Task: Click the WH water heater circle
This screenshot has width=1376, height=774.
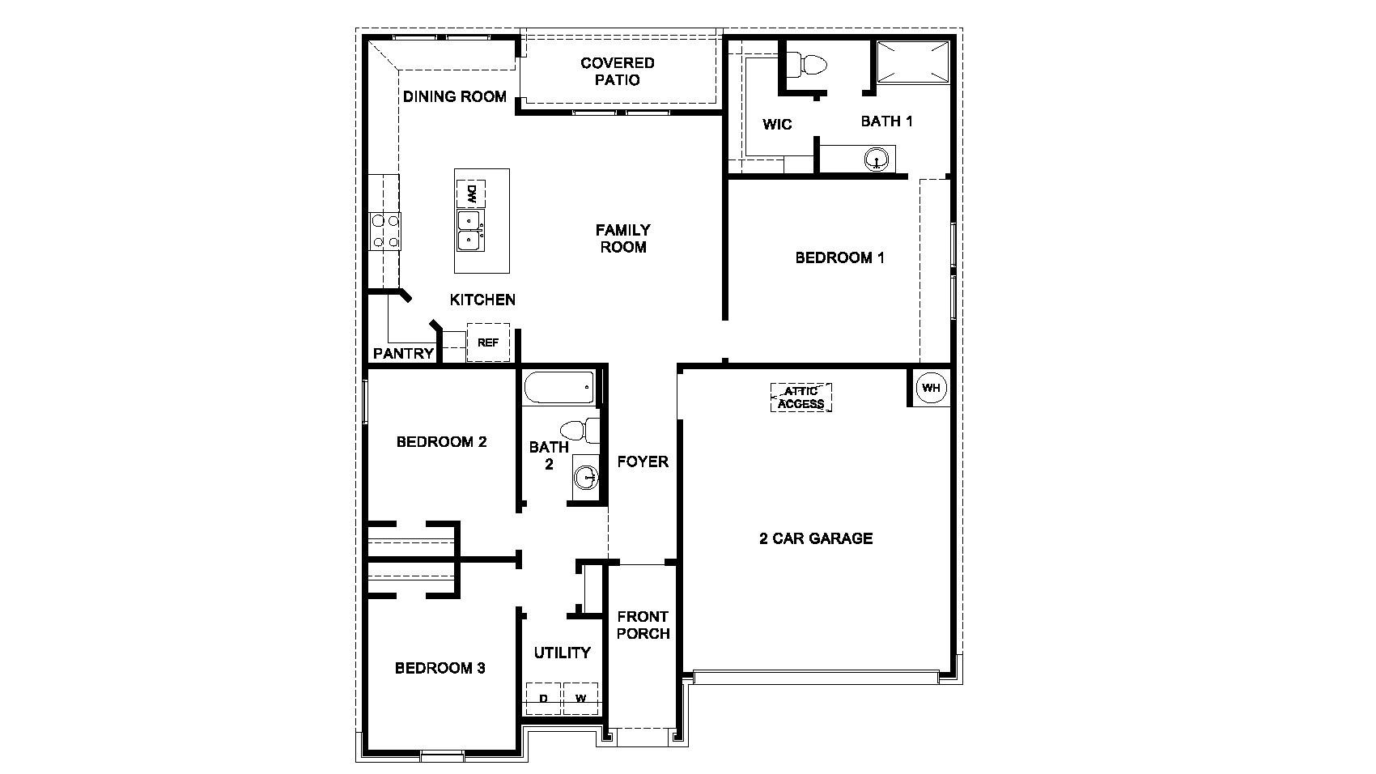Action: coord(931,388)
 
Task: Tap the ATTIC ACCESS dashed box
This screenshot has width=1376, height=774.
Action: coord(801,398)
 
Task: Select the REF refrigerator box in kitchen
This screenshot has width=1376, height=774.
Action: coord(488,342)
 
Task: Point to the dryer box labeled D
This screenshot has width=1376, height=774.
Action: coord(544,698)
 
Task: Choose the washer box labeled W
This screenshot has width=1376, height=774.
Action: coord(580,698)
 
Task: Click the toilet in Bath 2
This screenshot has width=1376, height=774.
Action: coord(580,430)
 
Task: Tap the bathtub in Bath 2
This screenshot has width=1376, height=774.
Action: coord(559,387)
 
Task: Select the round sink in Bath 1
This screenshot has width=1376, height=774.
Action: coord(876,159)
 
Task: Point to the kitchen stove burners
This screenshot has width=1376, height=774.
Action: coord(384,230)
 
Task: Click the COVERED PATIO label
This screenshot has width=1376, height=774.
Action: coord(617,71)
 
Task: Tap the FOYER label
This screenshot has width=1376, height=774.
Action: coord(643,461)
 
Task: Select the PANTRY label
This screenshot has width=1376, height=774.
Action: coord(403,354)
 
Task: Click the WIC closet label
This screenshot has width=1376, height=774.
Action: coord(777,125)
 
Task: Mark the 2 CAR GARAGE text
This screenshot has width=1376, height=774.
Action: coord(816,538)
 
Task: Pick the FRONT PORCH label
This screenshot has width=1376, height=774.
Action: coord(643,625)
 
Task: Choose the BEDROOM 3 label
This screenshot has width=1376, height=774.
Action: coord(440,668)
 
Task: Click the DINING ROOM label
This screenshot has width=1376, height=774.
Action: coord(455,96)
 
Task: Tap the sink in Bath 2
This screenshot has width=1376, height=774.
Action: coord(586,478)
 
